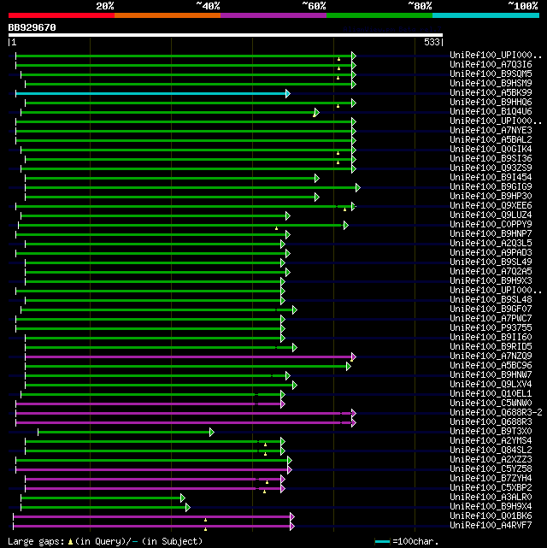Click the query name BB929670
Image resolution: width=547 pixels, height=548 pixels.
(x=32, y=27)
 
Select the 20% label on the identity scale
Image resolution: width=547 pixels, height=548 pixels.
(x=105, y=5)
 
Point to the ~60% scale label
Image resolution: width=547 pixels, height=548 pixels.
(x=313, y=5)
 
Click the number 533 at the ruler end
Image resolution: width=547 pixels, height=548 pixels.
(x=432, y=41)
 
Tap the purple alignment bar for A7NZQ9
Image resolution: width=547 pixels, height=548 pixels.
(x=188, y=356)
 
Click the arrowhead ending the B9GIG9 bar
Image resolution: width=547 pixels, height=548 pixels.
(x=358, y=187)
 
